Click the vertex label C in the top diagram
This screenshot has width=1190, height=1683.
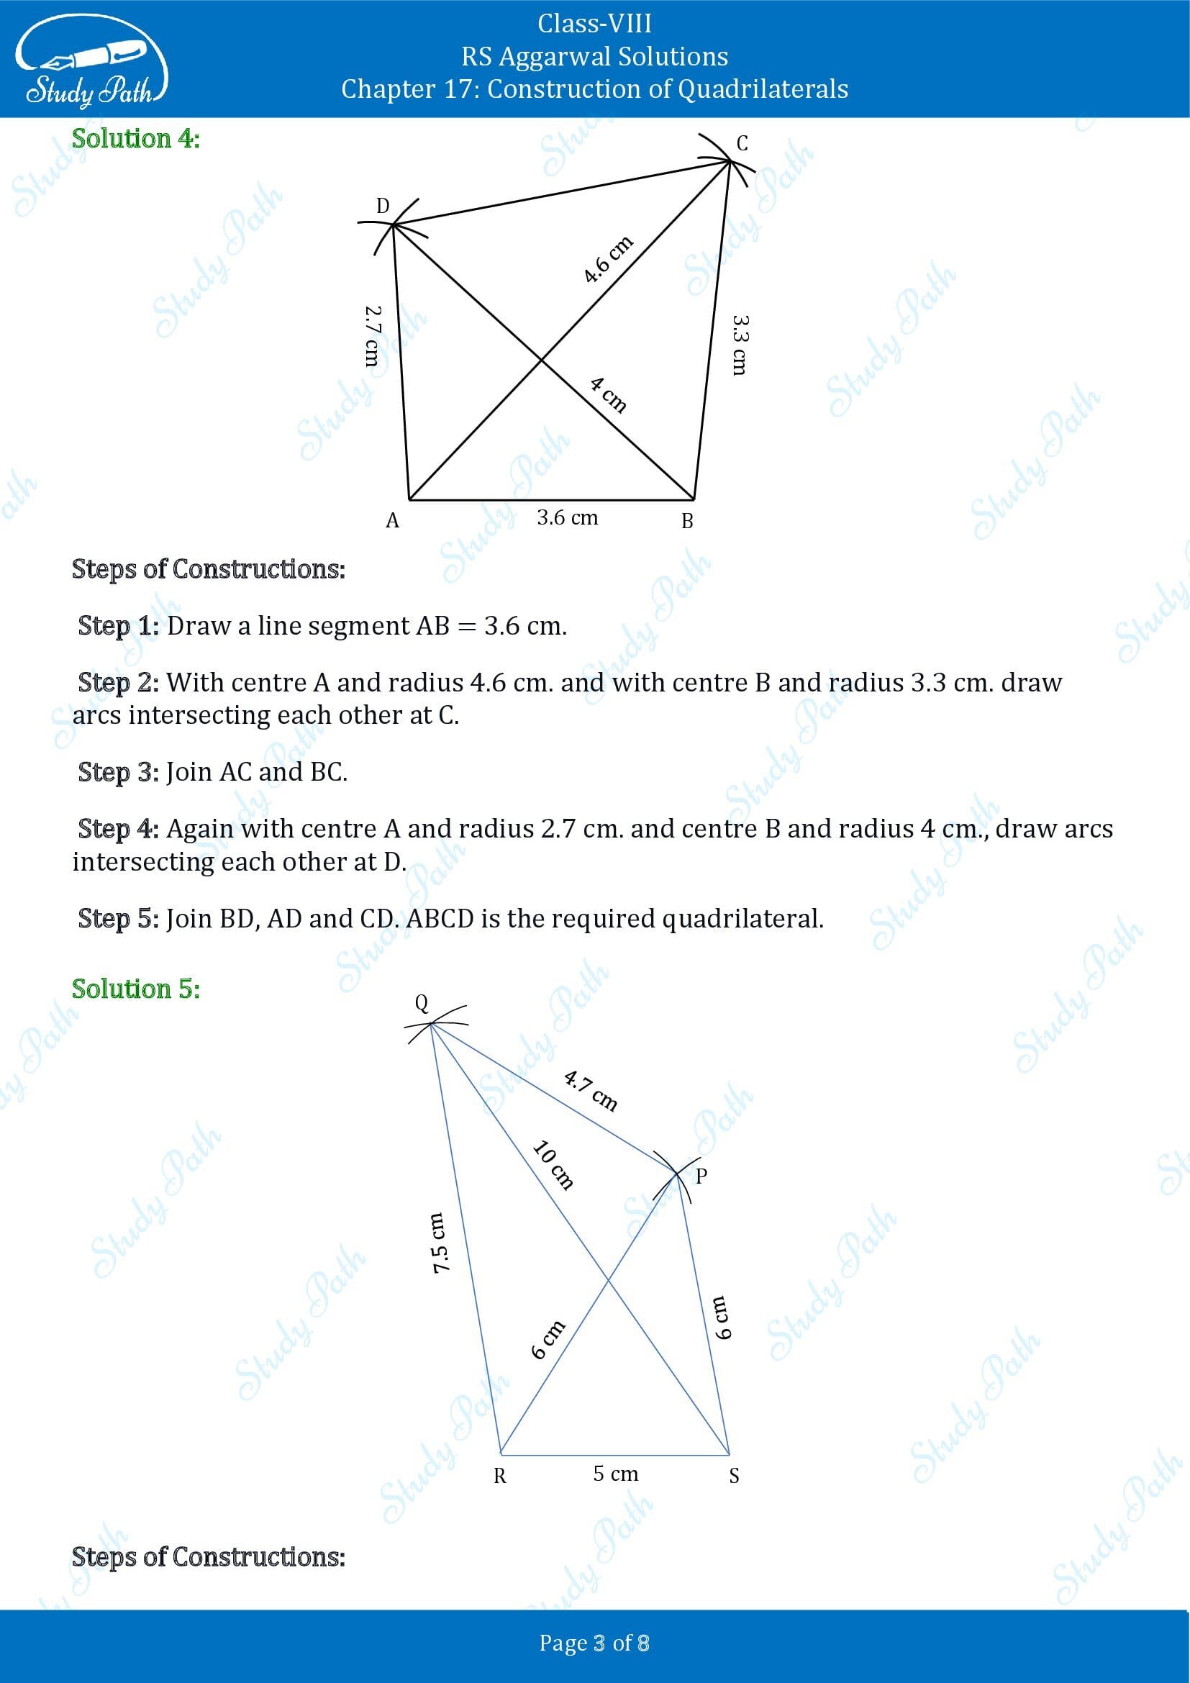pyautogui.click(x=742, y=143)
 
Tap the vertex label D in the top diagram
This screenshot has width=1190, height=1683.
pyautogui.click(x=383, y=206)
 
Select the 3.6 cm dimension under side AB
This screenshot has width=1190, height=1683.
pyautogui.click(x=567, y=517)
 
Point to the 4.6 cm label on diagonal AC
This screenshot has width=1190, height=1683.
pyautogui.click(x=608, y=260)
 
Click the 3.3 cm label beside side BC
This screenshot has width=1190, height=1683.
pyautogui.click(x=740, y=345)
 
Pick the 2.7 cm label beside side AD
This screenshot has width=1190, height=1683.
pyautogui.click(x=372, y=336)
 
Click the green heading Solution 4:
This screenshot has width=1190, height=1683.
pyautogui.click(x=135, y=139)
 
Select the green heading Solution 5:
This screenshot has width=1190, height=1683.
pyautogui.click(x=135, y=989)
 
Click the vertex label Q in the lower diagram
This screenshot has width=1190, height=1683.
pyautogui.click(x=422, y=1003)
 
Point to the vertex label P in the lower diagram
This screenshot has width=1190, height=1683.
pyautogui.click(x=701, y=1176)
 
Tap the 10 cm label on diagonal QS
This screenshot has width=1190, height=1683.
pyautogui.click(x=553, y=1164)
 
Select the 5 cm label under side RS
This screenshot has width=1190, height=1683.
pyautogui.click(x=616, y=1474)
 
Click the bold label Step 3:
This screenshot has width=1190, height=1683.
pyautogui.click(x=118, y=772)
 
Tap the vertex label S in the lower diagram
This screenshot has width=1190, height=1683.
pyautogui.click(x=735, y=1476)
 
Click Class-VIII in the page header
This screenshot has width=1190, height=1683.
pyautogui.click(x=594, y=24)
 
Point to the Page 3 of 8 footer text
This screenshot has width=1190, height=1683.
pyautogui.click(x=594, y=1643)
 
